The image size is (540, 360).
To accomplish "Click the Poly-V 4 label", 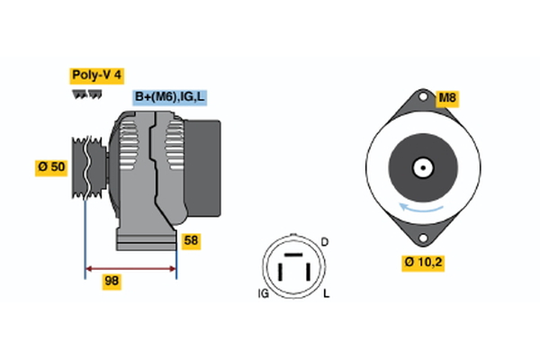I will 95,75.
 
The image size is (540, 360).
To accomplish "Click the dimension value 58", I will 191,241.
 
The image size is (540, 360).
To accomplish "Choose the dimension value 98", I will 112,282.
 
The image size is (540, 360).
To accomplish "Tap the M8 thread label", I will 446,98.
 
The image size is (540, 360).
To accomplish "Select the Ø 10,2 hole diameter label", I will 424,262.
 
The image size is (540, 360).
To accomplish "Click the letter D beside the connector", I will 325,242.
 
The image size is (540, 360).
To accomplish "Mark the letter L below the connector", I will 326,294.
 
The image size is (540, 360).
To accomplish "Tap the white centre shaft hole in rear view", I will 421,167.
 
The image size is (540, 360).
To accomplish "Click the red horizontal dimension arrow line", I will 130,267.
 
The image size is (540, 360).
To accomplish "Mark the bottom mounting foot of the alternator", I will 144,241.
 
